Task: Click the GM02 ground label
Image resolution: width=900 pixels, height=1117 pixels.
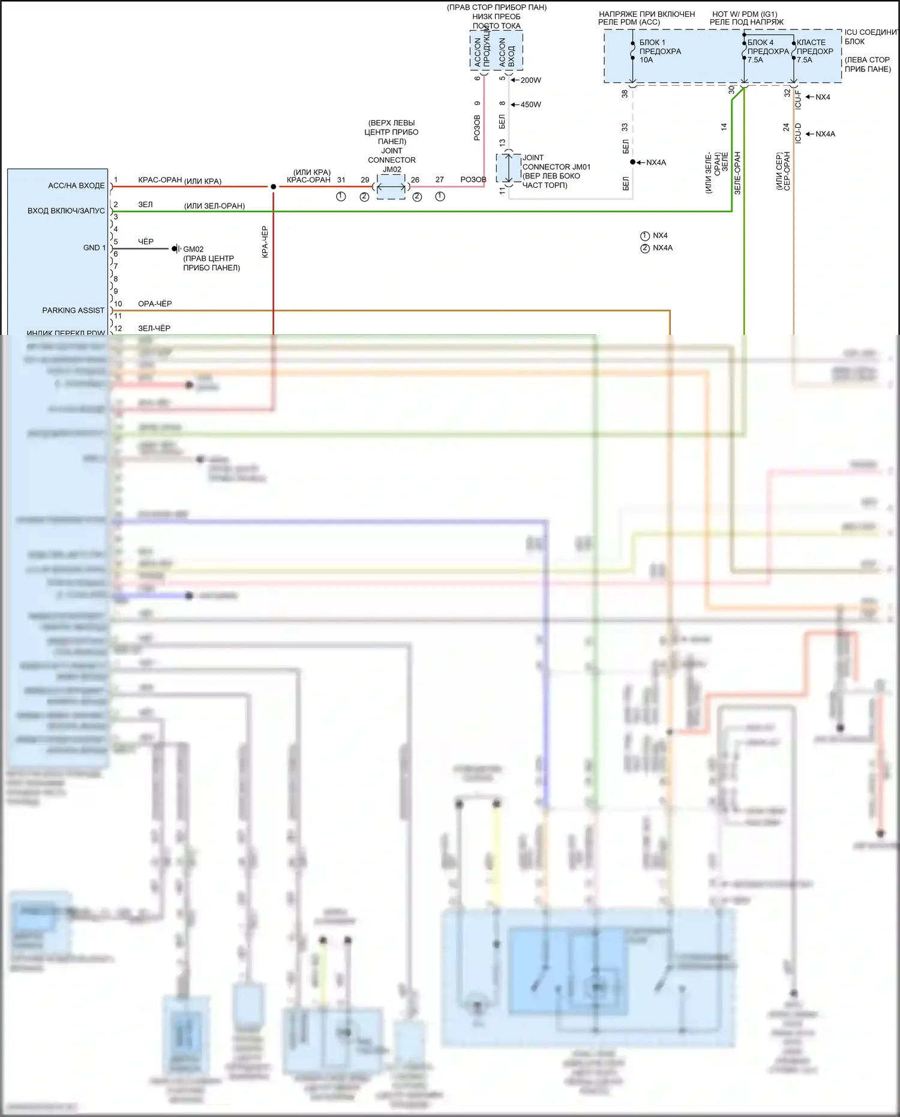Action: click(x=193, y=249)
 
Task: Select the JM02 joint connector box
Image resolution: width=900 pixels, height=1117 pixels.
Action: click(x=391, y=187)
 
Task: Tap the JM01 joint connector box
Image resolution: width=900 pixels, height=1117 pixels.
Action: click(x=508, y=168)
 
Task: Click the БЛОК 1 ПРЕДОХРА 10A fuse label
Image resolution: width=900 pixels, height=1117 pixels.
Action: click(x=659, y=51)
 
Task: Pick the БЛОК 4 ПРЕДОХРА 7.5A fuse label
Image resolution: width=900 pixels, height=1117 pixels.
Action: click(x=767, y=51)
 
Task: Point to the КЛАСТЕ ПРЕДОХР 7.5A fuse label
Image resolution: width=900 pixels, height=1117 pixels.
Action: click(x=814, y=51)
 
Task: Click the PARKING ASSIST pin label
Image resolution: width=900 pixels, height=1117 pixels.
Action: click(x=73, y=310)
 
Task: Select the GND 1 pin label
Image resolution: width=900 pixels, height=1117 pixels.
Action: click(x=94, y=247)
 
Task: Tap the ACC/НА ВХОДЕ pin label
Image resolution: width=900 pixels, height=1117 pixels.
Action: click(x=76, y=185)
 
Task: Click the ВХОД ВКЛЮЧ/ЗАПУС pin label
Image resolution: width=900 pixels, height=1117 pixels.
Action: click(x=66, y=211)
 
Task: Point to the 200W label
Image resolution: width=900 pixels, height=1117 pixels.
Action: click(x=530, y=80)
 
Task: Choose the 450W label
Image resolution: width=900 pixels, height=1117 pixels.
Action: click(x=530, y=104)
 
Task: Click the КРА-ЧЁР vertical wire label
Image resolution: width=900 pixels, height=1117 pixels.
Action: click(x=265, y=242)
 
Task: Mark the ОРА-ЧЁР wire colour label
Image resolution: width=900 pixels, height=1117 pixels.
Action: click(x=155, y=304)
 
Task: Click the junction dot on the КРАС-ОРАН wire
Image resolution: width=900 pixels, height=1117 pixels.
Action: click(x=274, y=187)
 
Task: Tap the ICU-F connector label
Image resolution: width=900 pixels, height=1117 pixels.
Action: click(x=798, y=99)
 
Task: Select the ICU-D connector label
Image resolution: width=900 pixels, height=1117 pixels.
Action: click(x=798, y=133)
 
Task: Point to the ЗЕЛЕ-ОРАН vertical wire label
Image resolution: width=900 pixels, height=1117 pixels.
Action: click(x=737, y=173)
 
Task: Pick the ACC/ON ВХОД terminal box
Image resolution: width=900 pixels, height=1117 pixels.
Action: click(x=508, y=51)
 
